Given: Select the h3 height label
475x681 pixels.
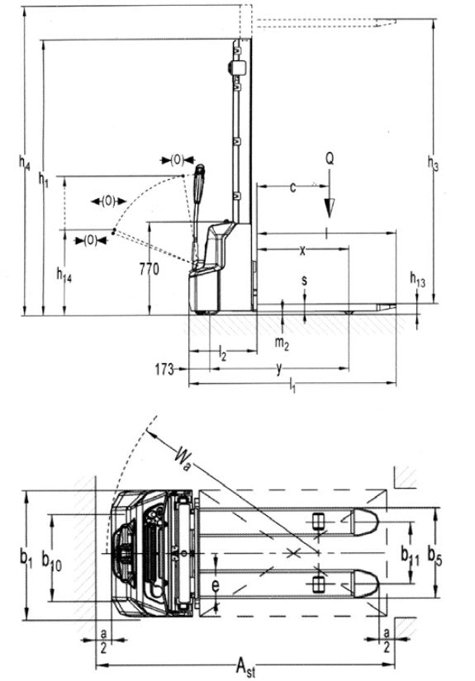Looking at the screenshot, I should [432, 163].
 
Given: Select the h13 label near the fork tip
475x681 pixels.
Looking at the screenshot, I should [418, 281].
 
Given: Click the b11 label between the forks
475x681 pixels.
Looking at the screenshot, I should [409, 552].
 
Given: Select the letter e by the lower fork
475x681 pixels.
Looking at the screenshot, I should [215, 587].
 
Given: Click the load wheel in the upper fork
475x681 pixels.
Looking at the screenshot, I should [318, 523].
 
